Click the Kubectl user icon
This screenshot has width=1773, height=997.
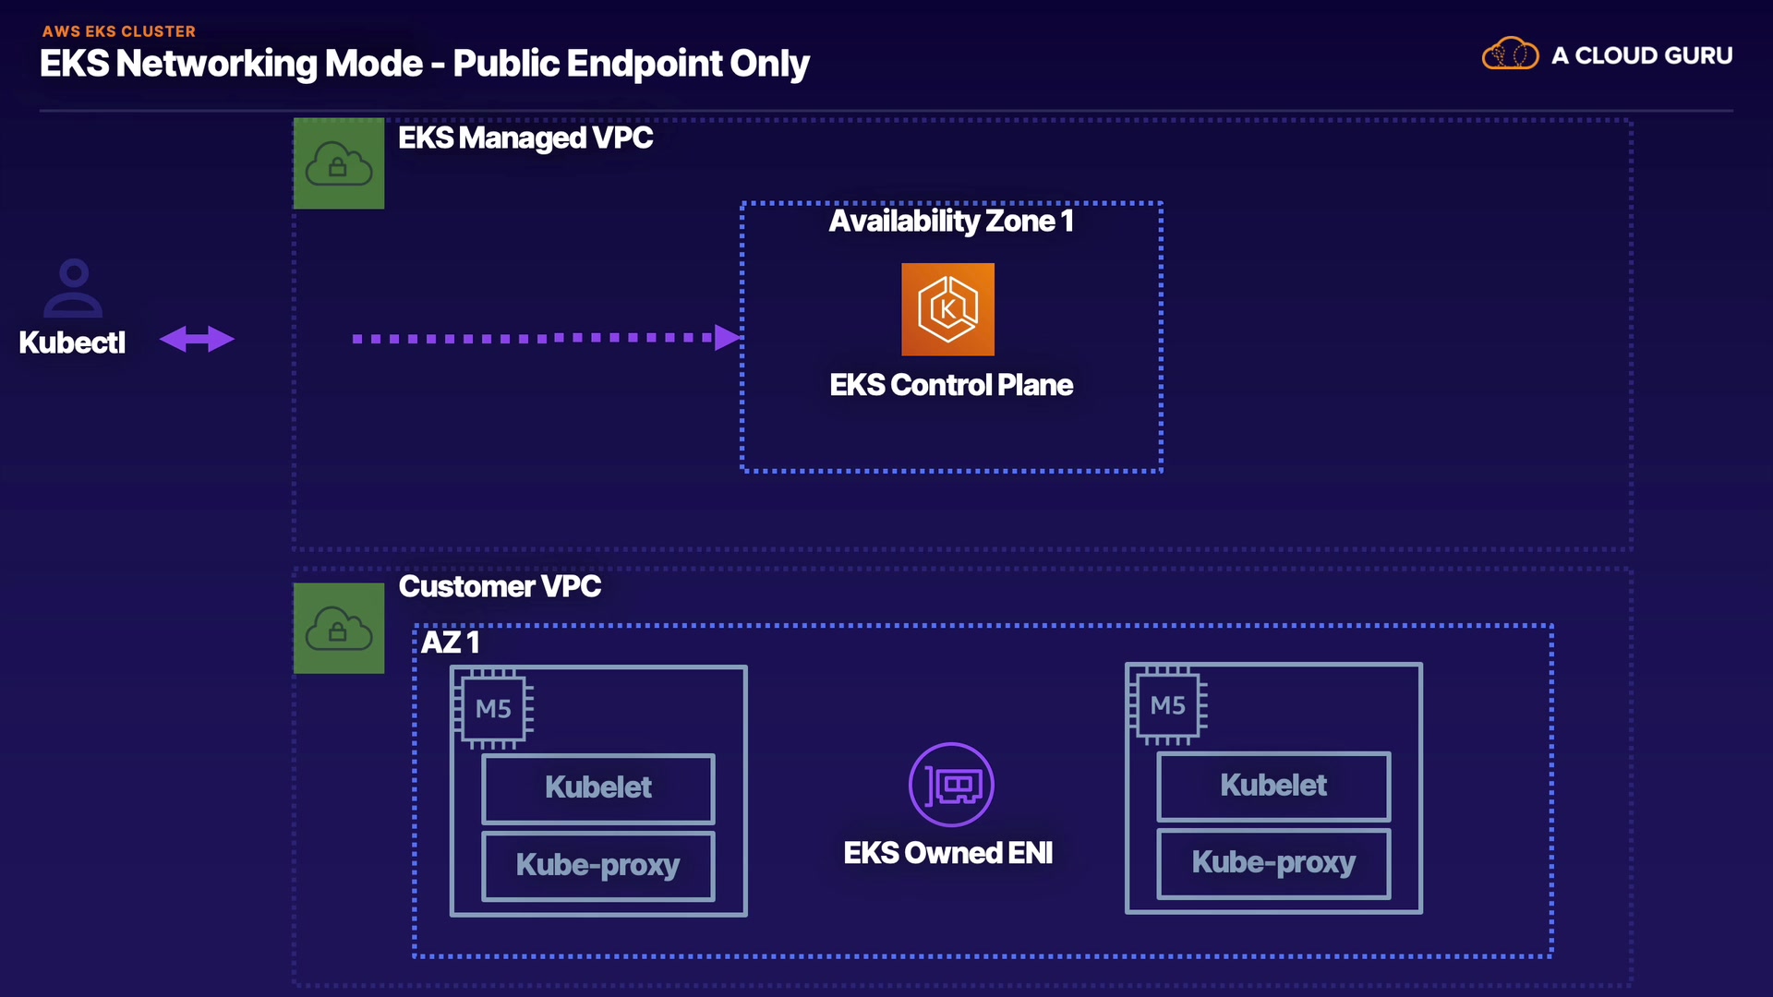73,288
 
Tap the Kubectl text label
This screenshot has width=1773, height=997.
72,342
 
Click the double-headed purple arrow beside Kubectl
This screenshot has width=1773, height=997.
197,339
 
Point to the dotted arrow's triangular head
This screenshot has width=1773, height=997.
728,338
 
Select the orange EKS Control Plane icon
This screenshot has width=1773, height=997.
947,309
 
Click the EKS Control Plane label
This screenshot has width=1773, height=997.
951,385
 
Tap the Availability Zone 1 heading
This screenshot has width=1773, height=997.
951,222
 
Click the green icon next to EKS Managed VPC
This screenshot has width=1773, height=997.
339,163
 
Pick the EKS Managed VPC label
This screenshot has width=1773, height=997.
525,138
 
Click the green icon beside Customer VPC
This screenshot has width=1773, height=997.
339,628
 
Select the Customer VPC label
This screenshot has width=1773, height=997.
500,587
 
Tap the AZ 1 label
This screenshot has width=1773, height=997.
450,643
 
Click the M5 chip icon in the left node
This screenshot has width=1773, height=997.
493,708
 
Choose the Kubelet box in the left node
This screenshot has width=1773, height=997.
598,787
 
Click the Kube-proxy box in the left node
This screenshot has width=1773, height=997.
598,865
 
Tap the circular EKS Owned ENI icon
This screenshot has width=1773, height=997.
951,785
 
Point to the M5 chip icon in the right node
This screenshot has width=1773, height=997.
1168,705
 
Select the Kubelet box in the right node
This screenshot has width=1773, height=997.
1273,786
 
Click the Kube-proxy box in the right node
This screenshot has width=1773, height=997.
1273,862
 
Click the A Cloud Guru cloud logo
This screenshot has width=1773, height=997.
1510,54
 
